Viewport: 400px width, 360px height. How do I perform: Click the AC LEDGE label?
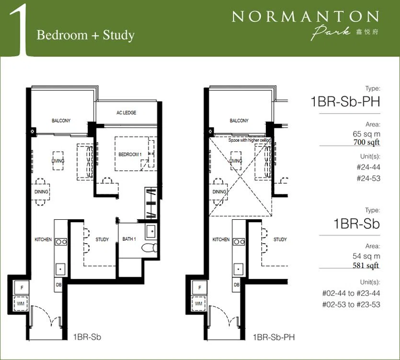126,112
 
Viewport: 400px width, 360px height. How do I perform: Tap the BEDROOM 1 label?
130,154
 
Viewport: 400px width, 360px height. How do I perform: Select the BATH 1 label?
129,239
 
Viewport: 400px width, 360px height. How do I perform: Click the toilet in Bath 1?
149,247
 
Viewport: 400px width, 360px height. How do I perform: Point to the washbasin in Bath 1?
151,232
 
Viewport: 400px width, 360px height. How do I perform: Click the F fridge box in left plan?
22,287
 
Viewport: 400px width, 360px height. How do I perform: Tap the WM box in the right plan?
199,304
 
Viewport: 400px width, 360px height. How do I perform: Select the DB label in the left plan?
58,284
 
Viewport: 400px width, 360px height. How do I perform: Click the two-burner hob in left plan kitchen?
61,242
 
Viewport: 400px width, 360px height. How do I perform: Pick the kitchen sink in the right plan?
239,269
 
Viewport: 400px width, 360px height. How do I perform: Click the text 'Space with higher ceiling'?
250,140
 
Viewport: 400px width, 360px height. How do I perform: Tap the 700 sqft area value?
366,142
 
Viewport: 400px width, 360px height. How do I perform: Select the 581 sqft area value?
366,265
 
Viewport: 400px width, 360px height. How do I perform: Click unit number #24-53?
368,178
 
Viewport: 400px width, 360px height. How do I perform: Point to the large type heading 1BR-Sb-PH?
345,101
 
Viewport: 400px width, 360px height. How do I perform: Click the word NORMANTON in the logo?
305,17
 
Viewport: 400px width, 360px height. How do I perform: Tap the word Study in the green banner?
119,35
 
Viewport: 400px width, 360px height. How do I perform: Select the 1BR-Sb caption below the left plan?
87,337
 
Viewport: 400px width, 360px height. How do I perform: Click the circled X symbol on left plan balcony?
33,131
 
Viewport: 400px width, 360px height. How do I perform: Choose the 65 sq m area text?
366,134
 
